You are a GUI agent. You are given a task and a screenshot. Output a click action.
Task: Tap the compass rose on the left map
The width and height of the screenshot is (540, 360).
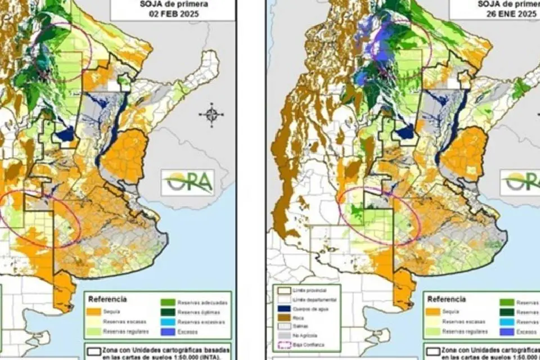pyautogui.click(x=211, y=115)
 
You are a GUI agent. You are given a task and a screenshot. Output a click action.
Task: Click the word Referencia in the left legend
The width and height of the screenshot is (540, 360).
pyautogui.click(x=107, y=299)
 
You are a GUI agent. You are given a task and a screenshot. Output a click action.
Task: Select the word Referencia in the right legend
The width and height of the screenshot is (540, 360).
pyautogui.click(x=447, y=299)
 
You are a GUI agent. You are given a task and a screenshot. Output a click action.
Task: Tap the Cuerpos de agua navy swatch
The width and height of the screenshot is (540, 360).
pyautogui.click(x=281, y=309)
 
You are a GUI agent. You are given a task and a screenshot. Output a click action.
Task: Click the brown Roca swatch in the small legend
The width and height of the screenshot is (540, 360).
pyautogui.click(x=281, y=318)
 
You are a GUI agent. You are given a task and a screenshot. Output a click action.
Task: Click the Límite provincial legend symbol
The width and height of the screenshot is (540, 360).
pyautogui.click(x=281, y=289)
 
